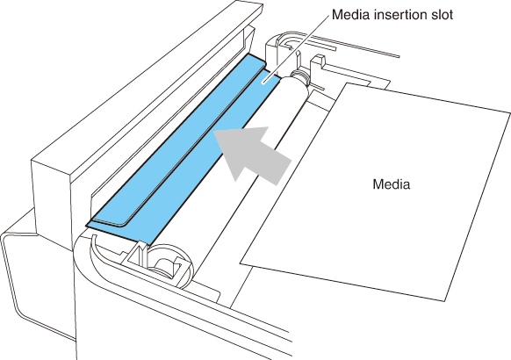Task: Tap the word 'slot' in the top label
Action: [x=442, y=15]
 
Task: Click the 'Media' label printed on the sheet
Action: [x=391, y=184]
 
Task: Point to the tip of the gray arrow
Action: [x=213, y=132]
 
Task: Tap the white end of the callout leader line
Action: [x=264, y=83]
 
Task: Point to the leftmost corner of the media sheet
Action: [x=241, y=263]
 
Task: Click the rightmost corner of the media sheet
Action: [x=510, y=113]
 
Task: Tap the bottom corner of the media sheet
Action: [x=444, y=301]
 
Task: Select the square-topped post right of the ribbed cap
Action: [x=318, y=62]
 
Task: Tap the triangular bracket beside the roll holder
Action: [x=133, y=254]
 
